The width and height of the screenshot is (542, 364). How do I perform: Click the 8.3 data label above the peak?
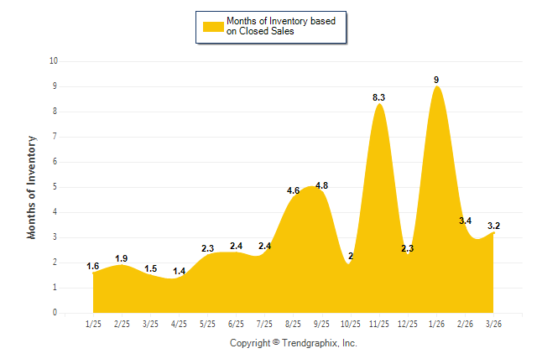(379, 98)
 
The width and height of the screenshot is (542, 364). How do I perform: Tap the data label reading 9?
(436, 80)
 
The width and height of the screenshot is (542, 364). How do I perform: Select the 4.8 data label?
(321, 185)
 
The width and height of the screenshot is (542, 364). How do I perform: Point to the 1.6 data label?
(93, 267)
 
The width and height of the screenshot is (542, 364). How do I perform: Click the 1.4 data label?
(179, 272)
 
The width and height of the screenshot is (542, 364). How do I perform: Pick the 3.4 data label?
(466, 221)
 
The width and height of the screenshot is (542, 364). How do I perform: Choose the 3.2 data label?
(494, 226)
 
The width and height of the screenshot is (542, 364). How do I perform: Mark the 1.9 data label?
(122, 258)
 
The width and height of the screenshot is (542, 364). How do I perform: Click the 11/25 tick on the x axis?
(379, 324)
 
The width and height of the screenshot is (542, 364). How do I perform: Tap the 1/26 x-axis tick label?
(436, 324)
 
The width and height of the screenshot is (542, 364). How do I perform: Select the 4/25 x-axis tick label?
(179, 324)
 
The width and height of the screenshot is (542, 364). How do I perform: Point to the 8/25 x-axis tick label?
(294, 324)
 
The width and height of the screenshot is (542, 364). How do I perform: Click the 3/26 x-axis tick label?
(494, 324)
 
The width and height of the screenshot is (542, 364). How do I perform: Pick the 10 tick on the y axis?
(53, 61)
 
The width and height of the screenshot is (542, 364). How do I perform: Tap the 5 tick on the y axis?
(55, 187)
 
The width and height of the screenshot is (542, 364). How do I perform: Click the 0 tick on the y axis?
(55, 313)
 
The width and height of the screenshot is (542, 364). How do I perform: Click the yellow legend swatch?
(213, 26)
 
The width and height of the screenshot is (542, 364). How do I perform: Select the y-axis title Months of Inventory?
(32, 187)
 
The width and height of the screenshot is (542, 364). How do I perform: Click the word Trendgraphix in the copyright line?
(311, 344)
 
